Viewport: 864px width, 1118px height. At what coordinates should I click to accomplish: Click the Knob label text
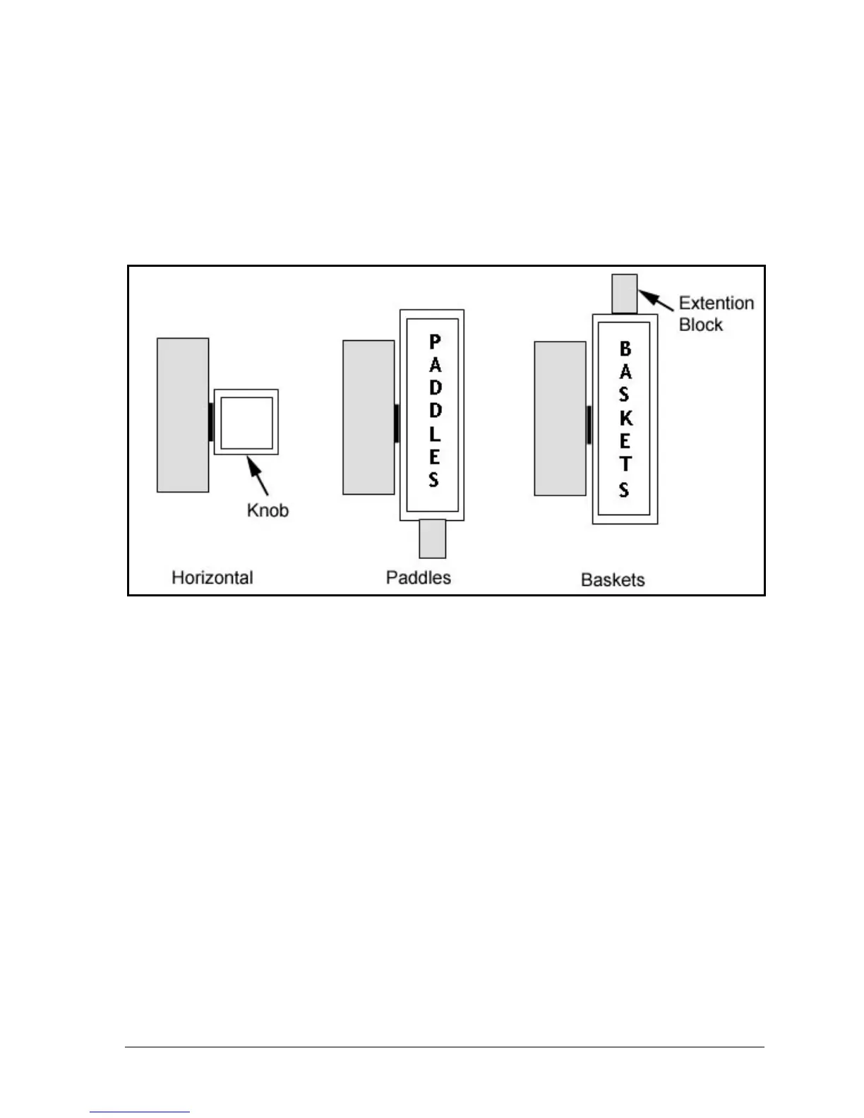pos(268,510)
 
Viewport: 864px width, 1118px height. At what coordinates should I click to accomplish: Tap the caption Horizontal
pos(212,577)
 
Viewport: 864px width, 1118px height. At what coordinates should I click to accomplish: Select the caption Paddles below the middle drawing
pos(418,577)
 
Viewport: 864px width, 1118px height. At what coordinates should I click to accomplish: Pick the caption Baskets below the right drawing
pos(613,579)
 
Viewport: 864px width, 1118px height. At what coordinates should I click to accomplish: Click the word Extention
pos(716,303)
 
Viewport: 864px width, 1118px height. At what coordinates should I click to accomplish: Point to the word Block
pos(700,325)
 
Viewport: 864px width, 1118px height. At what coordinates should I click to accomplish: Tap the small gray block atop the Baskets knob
pos(625,294)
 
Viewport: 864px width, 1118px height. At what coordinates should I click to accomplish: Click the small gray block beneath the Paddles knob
pos(432,539)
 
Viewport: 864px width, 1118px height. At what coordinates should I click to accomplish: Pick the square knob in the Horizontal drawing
pos(246,422)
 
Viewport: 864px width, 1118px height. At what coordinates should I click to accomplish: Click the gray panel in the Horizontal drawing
pos(183,415)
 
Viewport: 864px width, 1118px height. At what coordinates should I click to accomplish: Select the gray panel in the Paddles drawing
pos(368,417)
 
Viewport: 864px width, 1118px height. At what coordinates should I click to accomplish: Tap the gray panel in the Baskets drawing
pos(560,419)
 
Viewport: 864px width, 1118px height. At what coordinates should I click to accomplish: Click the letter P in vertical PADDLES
pos(435,342)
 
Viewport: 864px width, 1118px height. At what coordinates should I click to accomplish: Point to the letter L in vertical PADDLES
pos(435,433)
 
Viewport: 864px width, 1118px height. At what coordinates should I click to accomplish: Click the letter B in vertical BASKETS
pos(625,349)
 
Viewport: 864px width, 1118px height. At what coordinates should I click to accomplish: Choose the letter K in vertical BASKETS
pos(625,418)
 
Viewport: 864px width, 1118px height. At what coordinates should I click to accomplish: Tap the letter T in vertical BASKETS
pos(625,464)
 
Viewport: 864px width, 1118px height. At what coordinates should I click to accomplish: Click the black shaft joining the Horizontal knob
pos(211,422)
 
